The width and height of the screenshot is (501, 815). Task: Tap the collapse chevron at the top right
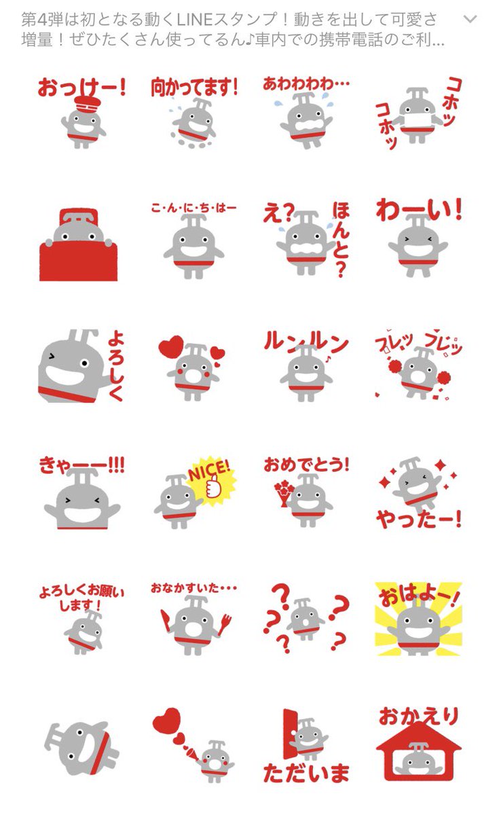point(470,19)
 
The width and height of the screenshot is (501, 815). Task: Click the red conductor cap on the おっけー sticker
point(86,105)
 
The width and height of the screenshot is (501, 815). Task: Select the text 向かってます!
point(194,86)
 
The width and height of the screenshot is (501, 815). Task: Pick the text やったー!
point(418,520)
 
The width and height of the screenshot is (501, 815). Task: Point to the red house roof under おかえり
point(418,737)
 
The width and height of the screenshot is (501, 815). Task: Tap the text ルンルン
point(305,343)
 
